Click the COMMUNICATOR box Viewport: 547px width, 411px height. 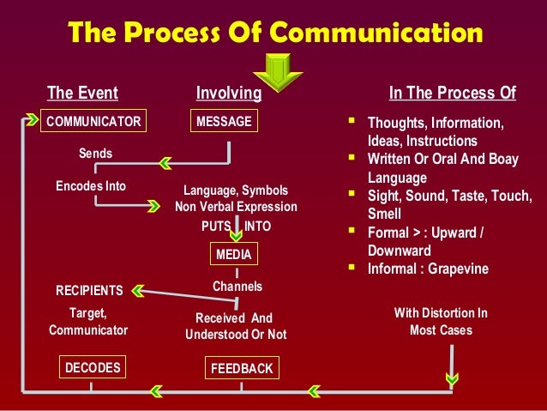point(93,122)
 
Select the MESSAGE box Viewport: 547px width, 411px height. point(224,122)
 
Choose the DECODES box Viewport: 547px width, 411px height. point(92,368)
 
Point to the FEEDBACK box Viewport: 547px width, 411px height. point(242,369)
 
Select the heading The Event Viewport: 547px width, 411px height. point(82,93)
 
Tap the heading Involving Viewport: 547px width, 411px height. point(228,93)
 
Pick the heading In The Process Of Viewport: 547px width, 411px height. point(452,93)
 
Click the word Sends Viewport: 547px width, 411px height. point(95,154)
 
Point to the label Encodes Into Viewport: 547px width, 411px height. point(91,185)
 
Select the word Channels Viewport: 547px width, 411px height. point(237,286)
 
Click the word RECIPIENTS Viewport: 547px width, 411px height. point(89,290)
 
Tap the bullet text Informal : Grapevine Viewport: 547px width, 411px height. point(428,269)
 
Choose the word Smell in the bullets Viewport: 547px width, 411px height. point(385,215)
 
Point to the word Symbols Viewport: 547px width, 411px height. point(265,190)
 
